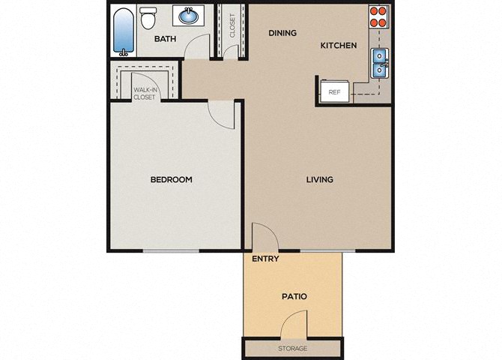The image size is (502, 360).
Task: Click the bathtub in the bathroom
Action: coord(124,31)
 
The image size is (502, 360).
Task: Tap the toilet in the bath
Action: coord(148,18)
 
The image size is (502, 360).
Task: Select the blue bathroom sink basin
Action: coord(189,16)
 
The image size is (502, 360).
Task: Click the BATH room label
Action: coord(165,39)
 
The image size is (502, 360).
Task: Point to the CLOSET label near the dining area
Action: coord(232,26)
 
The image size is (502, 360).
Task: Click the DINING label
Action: coord(282,33)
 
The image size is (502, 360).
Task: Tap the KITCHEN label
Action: coord(339,46)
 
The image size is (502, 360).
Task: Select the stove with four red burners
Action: coord(378,17)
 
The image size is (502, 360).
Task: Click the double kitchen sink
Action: coord(380,63)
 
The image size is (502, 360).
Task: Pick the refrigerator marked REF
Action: coord(335,91)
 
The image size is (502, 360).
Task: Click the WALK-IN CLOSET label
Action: coord(145,94)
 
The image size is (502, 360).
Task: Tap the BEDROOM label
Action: coord(172,179)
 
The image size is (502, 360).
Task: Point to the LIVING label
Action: coord(319,179)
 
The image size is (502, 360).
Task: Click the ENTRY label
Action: coord(265,259)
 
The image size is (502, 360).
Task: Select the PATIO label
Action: coord(294,296)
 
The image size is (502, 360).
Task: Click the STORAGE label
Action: coord(293,349)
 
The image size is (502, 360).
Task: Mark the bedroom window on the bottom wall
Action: coord(172,250)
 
